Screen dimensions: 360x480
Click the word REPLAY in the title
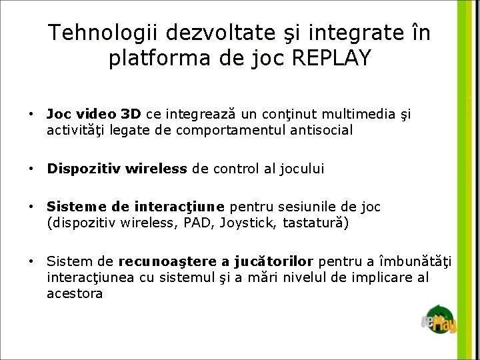[331, 58]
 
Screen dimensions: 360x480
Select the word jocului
[298, 169]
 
